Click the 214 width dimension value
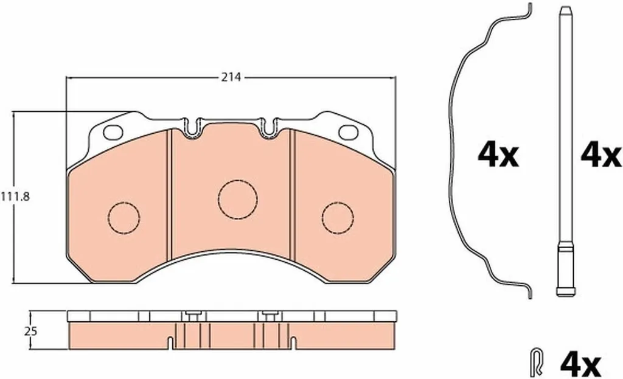(x=231, y=77)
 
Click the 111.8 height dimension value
(x=15, y=196)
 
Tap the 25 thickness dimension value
(x=30, y=331)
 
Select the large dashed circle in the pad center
(x=238, y=200)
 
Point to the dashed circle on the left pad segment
(x=124, y=217)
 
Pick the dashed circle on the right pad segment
(x=338, y=217)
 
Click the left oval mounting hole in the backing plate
(x=113, y=132)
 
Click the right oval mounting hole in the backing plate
(x=349, y=132)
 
